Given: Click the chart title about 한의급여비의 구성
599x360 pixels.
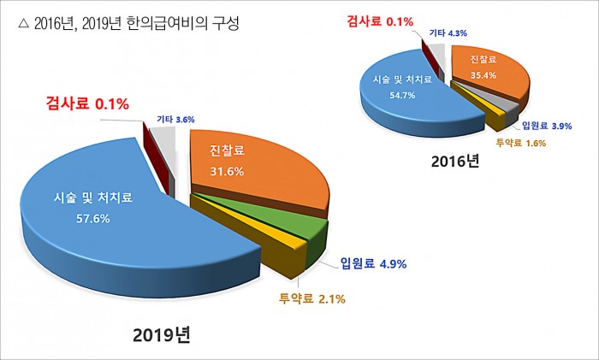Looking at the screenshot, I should tap(128, 24).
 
